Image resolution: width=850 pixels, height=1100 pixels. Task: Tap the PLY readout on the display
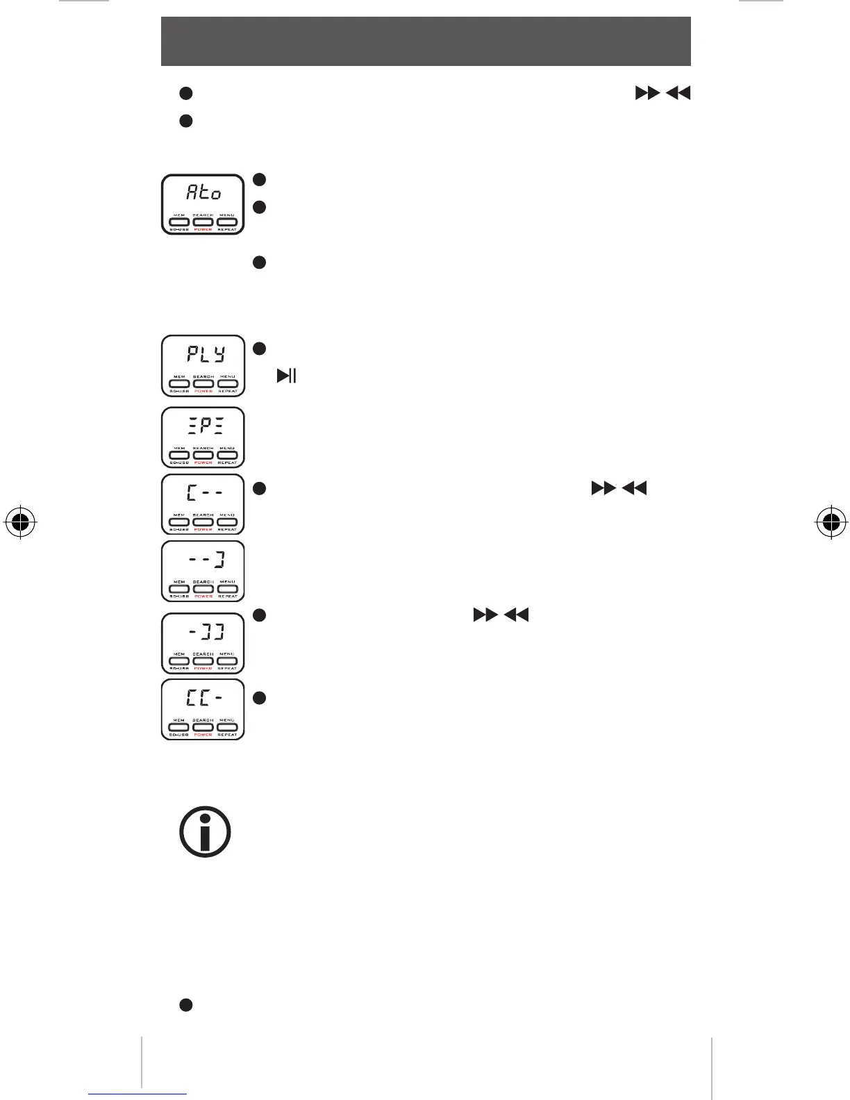[204, 354]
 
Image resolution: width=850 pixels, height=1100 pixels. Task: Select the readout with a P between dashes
[203, 426]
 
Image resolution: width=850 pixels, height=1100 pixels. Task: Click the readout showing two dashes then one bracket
[205, 560]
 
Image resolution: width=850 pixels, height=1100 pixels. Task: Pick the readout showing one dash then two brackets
[206, 632]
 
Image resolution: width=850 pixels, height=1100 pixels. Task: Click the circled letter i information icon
[205, 831]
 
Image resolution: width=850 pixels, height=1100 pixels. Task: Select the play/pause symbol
[287, 376]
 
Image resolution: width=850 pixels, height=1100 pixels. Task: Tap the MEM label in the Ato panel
[179, 215]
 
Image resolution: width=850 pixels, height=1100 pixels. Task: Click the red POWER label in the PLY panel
[203, 391]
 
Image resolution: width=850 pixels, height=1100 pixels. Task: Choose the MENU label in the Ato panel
[227, 215]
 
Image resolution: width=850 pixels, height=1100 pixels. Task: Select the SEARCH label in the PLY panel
[203, 376]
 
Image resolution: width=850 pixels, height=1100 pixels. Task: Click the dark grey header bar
[426, 41]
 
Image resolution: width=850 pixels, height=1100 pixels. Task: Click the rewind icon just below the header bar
[678, 93]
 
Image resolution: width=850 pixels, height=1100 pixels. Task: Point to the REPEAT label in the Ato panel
[227, 230]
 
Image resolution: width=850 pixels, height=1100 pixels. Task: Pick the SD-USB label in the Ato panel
[179, 230]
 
